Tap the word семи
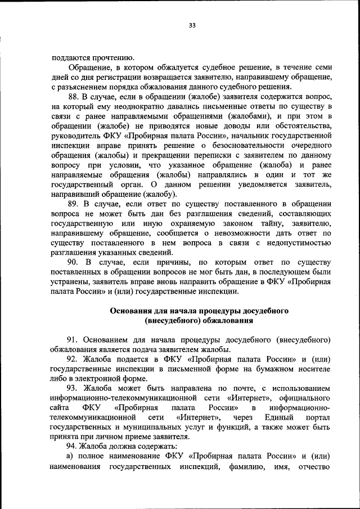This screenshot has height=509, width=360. tap(321, 67)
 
